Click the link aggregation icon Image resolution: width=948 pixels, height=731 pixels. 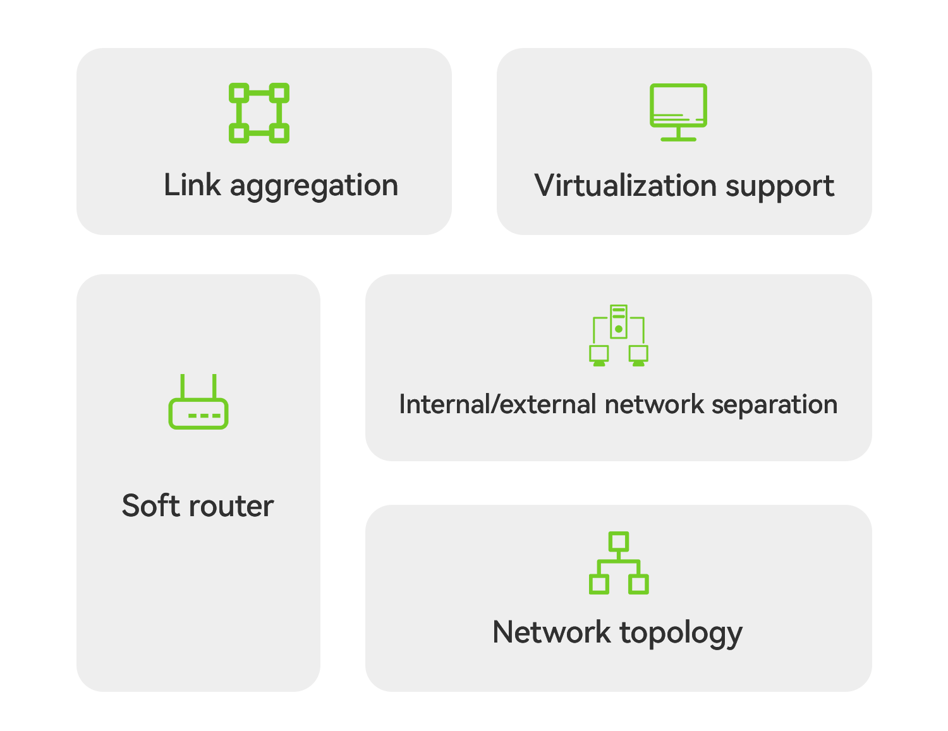pyautogui.click(x=259, y=113)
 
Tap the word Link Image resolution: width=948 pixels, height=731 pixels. pyautogui.click(x=192, y=185)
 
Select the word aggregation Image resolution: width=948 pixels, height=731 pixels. pyautogui.click(x=314, y=187)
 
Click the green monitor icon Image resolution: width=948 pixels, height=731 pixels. pyautogui.click(x=678, y=111)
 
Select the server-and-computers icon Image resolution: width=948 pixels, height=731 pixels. pyautogui.click(x=619, y=335)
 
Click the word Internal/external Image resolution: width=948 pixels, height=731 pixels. pyautogui.click(x=498, y=404)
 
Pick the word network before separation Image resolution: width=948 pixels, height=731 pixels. pyautogui.click(x=654, y=404)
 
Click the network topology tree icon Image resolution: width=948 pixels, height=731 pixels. pyautogui.click(x=619, y=563)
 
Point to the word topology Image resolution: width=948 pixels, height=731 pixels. pyautogui.click(x=681, y=633)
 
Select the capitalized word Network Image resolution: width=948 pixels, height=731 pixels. pyautogui.click(x=551, y=632)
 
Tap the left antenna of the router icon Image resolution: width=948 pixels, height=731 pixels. pyautogui.click(x=183, y=386)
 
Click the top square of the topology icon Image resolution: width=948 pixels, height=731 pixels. pyautogui.click(x=619, y=541)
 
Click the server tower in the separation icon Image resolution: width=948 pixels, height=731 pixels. pyautogui.click(x=619, y=321)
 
